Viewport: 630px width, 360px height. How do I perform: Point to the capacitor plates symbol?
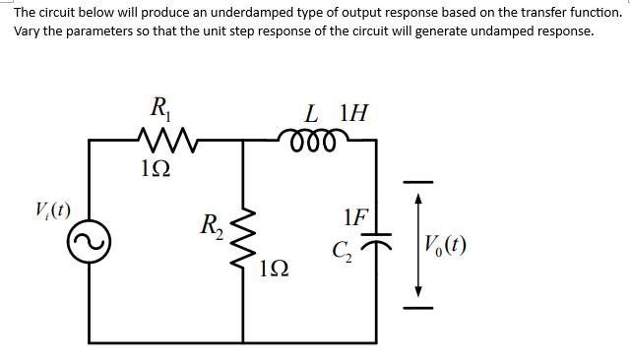click(377, 238)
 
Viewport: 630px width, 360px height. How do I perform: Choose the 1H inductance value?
click(352, 112)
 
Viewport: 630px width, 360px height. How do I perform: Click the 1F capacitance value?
click(356, 217)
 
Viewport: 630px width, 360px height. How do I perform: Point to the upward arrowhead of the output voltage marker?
click(418, 198)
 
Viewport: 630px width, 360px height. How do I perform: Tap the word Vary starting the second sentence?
click(28, 30)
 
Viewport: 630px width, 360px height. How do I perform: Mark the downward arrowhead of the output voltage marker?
click(418, 291)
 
